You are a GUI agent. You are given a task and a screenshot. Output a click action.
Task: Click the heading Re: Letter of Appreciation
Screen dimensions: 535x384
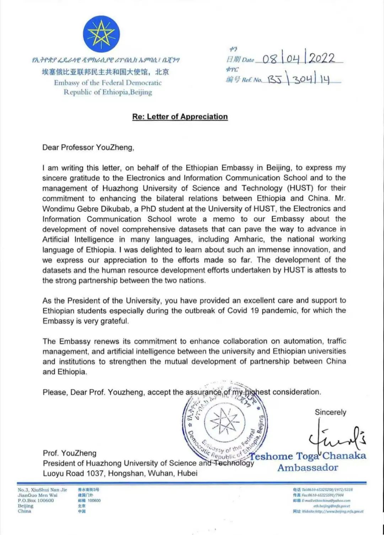click(x=180, y=117)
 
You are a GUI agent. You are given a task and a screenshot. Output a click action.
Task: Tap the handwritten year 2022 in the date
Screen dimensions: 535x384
click(x=322, y=58)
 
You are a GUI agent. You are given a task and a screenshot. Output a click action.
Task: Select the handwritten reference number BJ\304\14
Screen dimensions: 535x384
click(x=299, y=79)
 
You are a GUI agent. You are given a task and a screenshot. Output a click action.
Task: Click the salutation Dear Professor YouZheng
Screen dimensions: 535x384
click(x=88, y=147)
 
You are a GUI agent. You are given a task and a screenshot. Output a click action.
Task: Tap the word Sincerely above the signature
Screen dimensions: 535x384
click(x=330, y=412)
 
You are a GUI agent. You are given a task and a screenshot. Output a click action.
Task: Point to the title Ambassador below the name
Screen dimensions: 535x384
click(x=308, y=468)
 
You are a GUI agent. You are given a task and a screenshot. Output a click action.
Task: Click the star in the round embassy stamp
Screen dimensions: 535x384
click(x=223, y=421)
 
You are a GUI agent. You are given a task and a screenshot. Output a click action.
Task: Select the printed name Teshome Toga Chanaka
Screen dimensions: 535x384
click(x=308, y=456)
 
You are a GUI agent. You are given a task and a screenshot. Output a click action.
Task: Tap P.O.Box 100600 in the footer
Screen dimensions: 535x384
click(x=36, y=501)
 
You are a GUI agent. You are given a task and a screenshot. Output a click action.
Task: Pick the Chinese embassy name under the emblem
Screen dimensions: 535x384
click(x=105, y=72)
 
